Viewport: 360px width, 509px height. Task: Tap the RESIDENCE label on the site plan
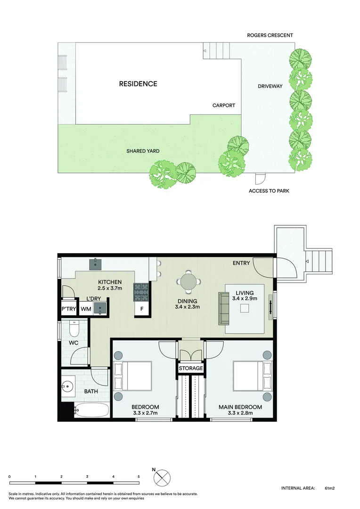(138, 84)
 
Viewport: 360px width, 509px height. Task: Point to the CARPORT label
(223, 106)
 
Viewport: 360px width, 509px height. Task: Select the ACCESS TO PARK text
(269, 191)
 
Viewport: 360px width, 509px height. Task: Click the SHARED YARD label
(143, 151)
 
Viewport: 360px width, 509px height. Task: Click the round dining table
(188, 282)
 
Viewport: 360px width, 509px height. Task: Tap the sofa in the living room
(223, 308)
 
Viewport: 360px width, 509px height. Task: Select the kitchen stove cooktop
(141, 292)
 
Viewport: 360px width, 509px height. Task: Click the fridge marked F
(141, 310)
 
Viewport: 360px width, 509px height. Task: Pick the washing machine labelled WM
(86, 309)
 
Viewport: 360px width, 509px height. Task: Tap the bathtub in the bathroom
(91, 410)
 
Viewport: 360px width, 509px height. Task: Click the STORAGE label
(191, 368)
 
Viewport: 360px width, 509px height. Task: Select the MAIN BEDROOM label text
(240, 407)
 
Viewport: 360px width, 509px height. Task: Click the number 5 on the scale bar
(139, 477)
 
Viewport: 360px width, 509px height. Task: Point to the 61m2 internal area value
(329, 489)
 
